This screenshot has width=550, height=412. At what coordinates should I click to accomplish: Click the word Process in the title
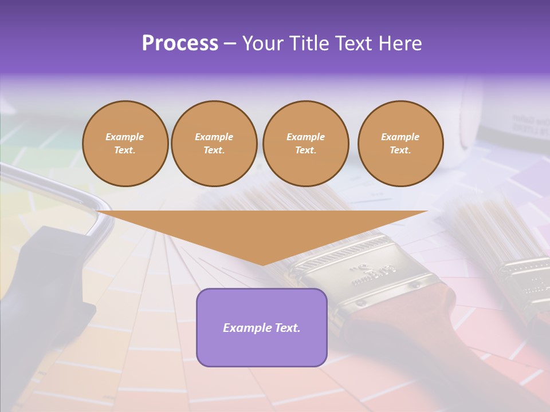180,43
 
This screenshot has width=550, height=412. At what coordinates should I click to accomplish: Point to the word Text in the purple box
288,328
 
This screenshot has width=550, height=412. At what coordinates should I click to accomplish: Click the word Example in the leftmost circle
125,137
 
